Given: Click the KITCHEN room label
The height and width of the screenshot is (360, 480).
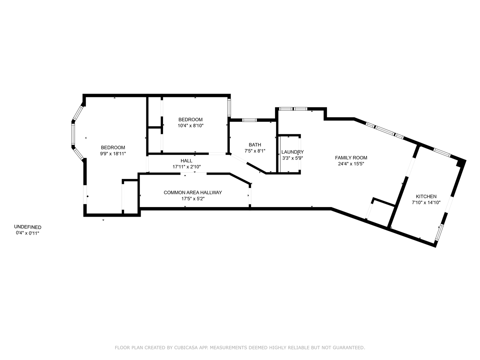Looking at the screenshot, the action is (x=426, y=196).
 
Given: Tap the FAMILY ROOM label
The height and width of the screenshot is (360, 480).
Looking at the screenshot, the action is (x=351, y=158).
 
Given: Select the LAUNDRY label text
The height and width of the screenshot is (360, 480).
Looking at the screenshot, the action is (x=292, y=152).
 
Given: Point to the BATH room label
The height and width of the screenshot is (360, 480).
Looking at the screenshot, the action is (x=255, y=145).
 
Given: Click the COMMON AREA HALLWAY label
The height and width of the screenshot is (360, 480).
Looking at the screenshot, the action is (x=193, y=192).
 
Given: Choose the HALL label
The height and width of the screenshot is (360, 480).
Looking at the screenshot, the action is (x=187, y=161).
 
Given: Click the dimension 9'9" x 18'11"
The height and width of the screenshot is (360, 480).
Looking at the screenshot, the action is (x=113, y=154).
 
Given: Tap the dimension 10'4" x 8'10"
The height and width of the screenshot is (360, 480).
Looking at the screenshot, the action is (x=190, y=126).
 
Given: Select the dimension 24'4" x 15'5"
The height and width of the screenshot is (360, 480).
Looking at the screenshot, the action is (x=351, y=164).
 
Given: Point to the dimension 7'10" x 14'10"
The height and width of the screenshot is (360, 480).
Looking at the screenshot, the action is (x=426, y=202).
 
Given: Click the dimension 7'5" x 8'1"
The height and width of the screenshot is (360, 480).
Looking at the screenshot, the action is (x=255, y=151).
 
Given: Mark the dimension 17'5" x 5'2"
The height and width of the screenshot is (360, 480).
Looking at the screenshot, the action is (x=193, y=199).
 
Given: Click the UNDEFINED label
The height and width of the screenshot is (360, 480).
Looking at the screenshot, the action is (x=28, y=227).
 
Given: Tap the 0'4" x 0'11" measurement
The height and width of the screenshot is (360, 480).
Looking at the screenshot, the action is (x=28, y=233).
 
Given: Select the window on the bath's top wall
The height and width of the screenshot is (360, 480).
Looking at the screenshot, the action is (x=249, y=120).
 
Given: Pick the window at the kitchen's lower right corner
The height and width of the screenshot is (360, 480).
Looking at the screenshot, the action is (x=439, y=232).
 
